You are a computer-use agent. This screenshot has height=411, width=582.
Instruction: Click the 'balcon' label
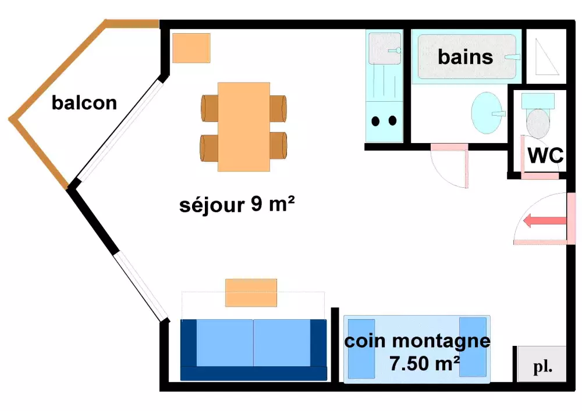pyautogui.click(x=84, y=103)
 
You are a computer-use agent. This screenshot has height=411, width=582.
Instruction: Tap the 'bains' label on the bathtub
pyautogui.click(x=466, y=57)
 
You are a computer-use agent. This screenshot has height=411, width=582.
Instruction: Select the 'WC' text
pyautogui.click(x=545, y=155)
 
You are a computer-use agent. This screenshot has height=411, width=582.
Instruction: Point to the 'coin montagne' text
pyautogui.click(x=417, y=341)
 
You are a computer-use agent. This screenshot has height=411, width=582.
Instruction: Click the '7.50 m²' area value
pyautogui.click(x=425, y=364)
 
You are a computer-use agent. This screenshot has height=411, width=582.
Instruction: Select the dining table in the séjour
pyautogui.click(x=244, y=127)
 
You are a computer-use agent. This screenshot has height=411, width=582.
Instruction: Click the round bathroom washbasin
pyautogui.click(x=487, y=113)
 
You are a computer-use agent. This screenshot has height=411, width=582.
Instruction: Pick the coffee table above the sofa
pyautogui.click(x=251, y=292)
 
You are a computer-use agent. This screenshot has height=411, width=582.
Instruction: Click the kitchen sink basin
pyautogui.click(x=384, y=48)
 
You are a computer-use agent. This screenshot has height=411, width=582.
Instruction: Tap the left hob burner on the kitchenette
pyautogui.click(x=376, y=121)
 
